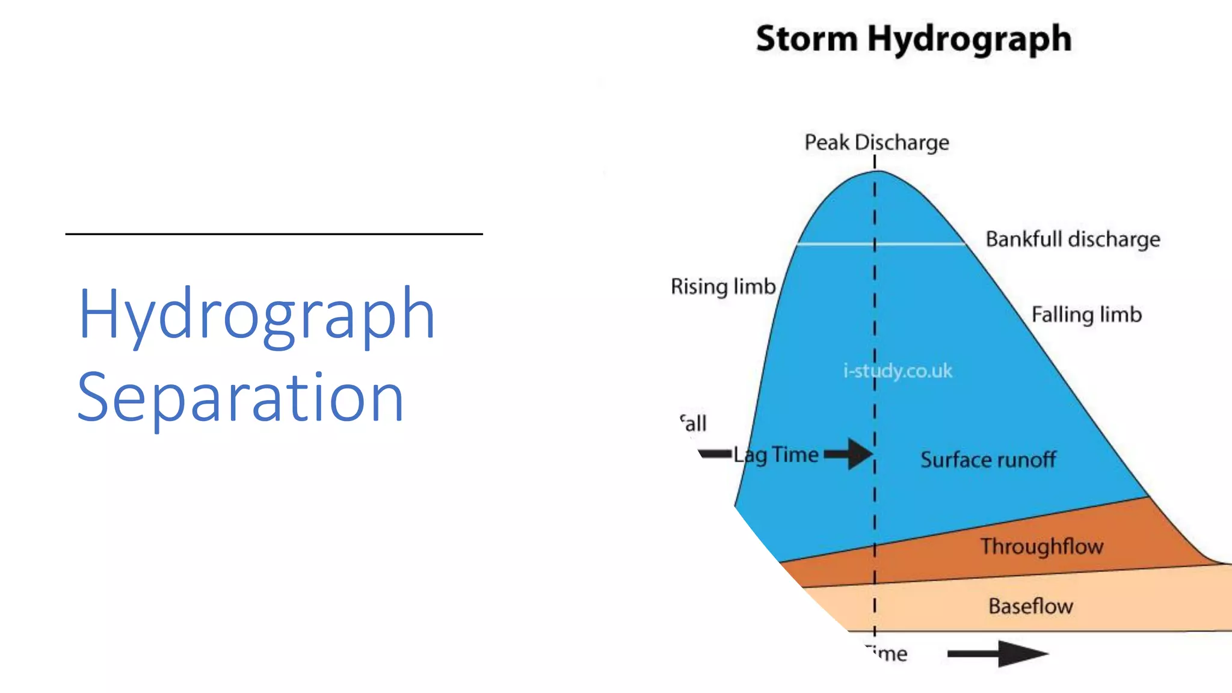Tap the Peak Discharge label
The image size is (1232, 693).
(x=876, y=143)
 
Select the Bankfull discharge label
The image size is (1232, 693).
(x=1073, y=239)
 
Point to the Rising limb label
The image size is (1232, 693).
(x=723, y=286)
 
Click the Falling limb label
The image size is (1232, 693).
(x=1086, y=315)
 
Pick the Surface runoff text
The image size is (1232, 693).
(x=988, y=460)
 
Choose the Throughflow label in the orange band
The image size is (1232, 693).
(x=1042, y=546)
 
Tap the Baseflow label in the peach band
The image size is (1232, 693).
(x=1030, y=606)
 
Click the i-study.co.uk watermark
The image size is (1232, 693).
(x=898, y=371)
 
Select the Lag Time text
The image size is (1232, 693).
(x=776, y=455)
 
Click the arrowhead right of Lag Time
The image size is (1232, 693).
(x=859, y=454)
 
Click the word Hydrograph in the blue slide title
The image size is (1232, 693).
(x=256, y=315)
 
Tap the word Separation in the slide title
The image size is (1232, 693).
(x=241, y=398)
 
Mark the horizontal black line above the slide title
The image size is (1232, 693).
(x=274, y=234)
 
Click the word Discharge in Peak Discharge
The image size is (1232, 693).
(x=902, y=143)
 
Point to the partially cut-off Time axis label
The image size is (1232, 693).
(x=888, y=653)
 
